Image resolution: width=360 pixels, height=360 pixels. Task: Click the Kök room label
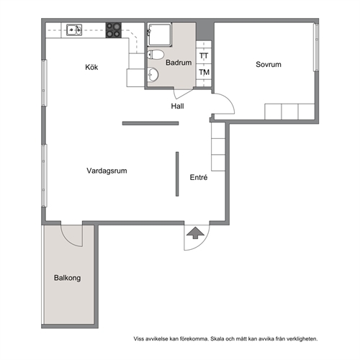pyautogui.click(x=91, y=67)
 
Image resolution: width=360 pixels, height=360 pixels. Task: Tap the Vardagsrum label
pyautogui.click(x=107, y=171)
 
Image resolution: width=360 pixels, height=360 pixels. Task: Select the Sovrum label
pyautogui.click(x=269, y=64)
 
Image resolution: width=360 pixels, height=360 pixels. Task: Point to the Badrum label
pyautogui.click(x=179, y=63)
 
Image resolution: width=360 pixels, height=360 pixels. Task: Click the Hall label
pyautogui.click(x=177, y=106)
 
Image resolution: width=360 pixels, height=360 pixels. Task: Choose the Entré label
pyautogui.click(x=199, y=177)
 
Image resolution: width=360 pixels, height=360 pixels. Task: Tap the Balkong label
pyautogui.click(x=67, y=278)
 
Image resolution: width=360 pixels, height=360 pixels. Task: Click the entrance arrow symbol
pyautogui.click(x=195, y=233)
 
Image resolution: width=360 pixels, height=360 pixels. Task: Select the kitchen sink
pyautogui.click(x=74, y=30)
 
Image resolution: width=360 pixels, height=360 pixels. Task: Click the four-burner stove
pyautogui.click(x=114, y=30)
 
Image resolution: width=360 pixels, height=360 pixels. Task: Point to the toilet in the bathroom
pyautogui.click(x=156, y=55)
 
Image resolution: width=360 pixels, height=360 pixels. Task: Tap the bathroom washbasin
pyautogui.click(x=153, y=75)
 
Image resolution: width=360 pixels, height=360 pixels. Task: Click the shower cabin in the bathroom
pyautogui.click(x=160, y=35)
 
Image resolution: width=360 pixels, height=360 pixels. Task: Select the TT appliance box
pyautogui.click(x=204, y=56)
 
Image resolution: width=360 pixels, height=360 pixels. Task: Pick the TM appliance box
pyautogui.click(x=204, y=72)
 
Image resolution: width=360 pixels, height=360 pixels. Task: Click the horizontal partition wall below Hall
pyautogui.click(x=150, y=123)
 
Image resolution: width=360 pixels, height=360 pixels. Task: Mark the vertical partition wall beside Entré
pyautogui.click(x=177, y=174)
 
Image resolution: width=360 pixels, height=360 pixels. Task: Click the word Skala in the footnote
pyautogui.click(x=217, y=339)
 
